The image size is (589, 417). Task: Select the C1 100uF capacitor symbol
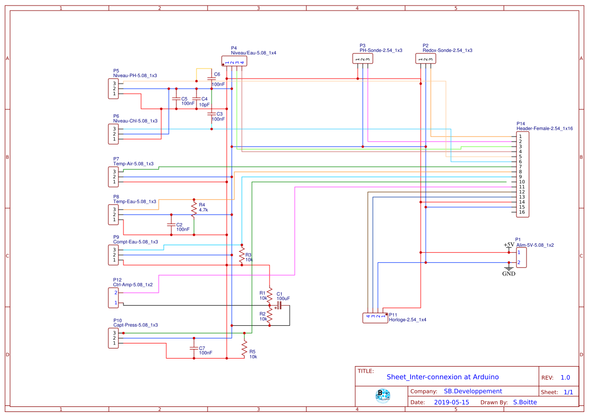pyautogui.click(x=278, y=305)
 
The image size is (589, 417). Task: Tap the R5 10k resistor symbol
pyautogui.click(x=244, y=349)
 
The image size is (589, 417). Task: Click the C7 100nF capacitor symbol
pyautogui.click(x=194, y=348)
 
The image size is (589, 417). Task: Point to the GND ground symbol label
pyautogui.click(x=508, y=273)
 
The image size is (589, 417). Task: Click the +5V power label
pyautogui.click(x=509, y=245)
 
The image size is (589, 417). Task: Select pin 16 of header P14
pyautogui.click(x=521, y=212)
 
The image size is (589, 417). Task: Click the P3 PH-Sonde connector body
pyautogui.click(x=363, y=59)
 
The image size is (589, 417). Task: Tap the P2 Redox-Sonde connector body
pyautogui.click(x=426, y=59)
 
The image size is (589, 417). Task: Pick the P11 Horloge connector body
pyautogui.click(x=375, y=318)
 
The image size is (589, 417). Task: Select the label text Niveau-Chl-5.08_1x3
pyautogui.click(x=135, y=121)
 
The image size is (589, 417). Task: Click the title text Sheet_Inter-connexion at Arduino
pyautogui.click(x=442, y=377)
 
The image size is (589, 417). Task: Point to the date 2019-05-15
pyautogui.click(x=451, y=402)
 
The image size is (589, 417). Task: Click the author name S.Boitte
pyautogui.click(x=525, y=402)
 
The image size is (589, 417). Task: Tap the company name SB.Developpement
pyautogui.click(x=473, y=391)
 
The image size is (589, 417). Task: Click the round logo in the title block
pyautogui.click(x=383, y=396)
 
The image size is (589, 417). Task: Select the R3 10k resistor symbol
pyautogui.click(x=241, y=255)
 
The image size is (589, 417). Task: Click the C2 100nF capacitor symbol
pyautogui.click(x=171, y=224)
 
